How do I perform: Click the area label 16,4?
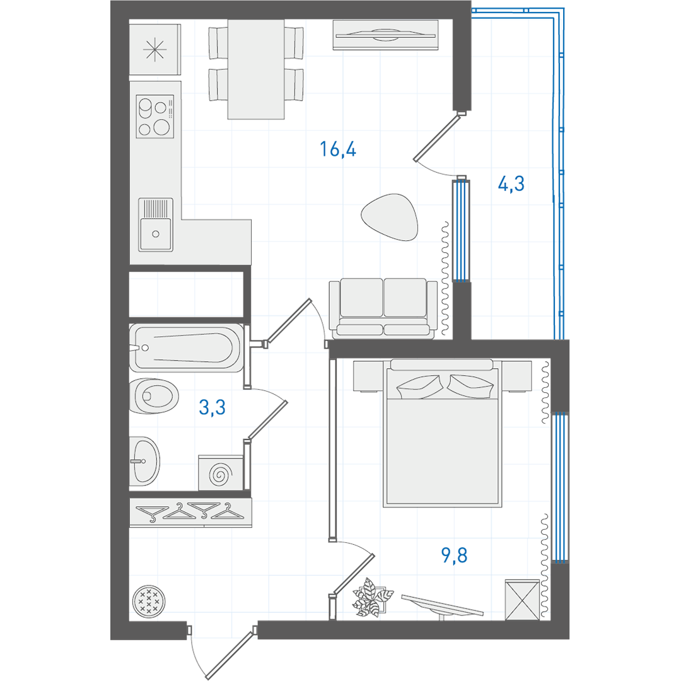[x=338, y=149]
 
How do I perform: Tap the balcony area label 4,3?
[x=511, y=183]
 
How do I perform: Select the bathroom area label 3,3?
[x=212, y=407]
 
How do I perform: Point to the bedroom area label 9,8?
[x=454, y=555]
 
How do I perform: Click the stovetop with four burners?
[x=155, y=117]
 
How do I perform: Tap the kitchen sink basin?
[x=156, y=235]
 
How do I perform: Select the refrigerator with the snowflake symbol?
[x=154, y=50]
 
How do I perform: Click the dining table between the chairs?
[x=256, y=69]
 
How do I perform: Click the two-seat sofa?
[x=383, y=308]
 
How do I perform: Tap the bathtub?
[x=186, y=347]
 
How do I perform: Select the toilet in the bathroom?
[x=154, y=396]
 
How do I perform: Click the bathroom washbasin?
[x=144, y=461]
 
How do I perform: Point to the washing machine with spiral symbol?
[x=221, y=473]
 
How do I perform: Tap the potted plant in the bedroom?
[x=372, y=597]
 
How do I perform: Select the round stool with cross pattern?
[x=149, y=600]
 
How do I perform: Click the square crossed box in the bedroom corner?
[x=522, y=600]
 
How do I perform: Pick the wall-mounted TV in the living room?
[x=386, y=35]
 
